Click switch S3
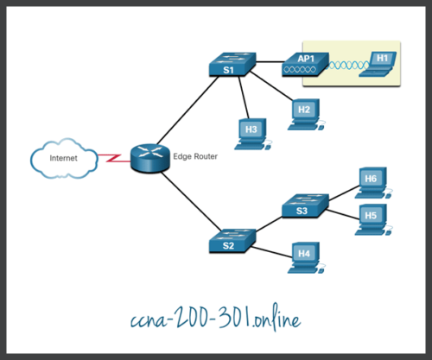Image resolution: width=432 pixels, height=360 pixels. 302,208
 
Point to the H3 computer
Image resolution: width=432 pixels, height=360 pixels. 251,129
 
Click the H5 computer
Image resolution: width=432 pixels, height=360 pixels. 372,216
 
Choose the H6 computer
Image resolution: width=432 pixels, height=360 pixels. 372,180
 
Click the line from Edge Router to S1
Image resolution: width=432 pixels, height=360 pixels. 186,113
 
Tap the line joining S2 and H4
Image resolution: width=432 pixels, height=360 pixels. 268,249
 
